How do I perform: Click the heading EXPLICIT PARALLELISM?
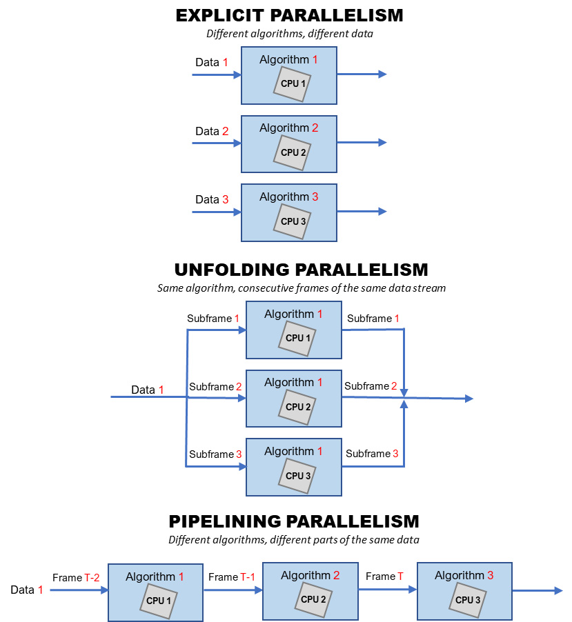289,15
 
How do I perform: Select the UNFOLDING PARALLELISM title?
301,269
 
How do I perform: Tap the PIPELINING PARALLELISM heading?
293,521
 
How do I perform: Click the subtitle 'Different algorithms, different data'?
289,33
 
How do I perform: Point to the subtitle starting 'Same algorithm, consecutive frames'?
301,288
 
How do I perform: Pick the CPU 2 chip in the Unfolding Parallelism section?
297,407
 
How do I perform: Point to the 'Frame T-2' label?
76,577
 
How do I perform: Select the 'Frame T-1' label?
233,576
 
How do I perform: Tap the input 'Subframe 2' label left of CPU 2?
215,387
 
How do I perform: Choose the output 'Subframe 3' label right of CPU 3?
372,454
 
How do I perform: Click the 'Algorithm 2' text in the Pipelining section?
310,575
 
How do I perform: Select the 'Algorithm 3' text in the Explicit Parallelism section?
288,197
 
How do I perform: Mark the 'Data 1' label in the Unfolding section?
147,390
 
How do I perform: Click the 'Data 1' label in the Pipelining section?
26,590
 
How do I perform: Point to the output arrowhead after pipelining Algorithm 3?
559,590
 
